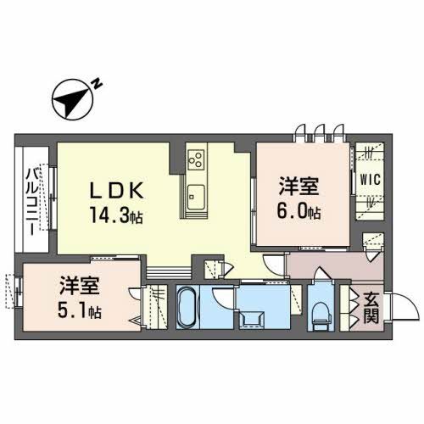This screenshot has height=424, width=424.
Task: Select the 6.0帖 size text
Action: coord(302,210)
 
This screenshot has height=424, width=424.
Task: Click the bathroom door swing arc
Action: coord(220,298)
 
